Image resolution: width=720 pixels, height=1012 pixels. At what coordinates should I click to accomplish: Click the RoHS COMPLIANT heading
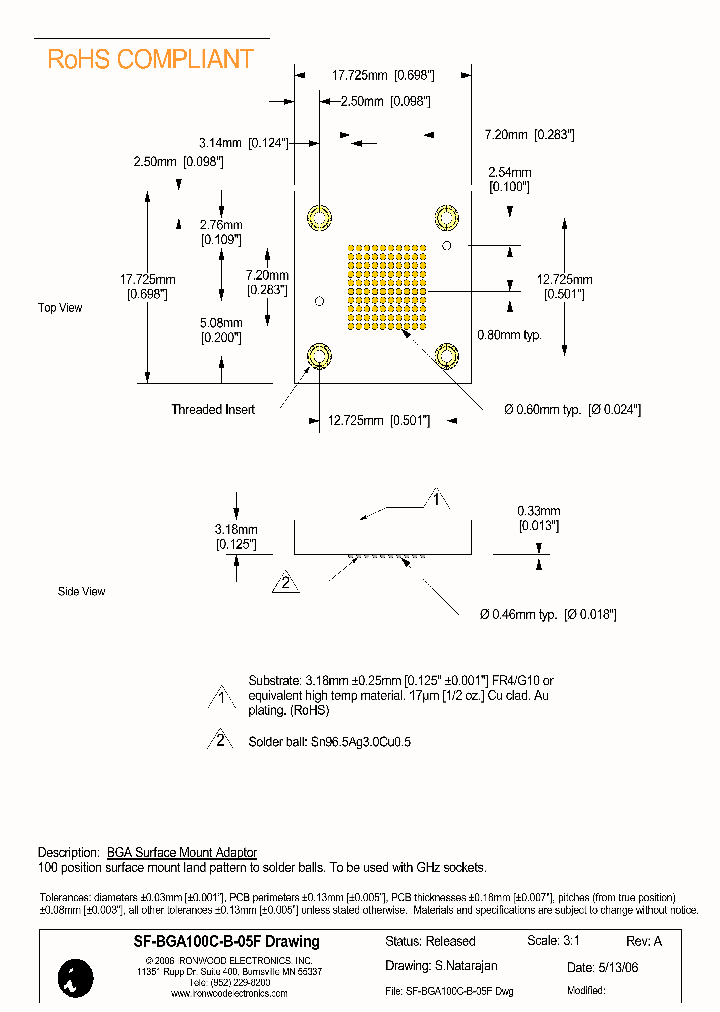151,60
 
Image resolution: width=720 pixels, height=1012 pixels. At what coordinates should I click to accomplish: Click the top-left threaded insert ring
319,218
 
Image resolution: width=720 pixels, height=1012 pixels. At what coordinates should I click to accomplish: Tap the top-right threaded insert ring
445,218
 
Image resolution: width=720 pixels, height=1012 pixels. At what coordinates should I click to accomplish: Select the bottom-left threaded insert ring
319,355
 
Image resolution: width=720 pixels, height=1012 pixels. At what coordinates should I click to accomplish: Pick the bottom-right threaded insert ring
445,355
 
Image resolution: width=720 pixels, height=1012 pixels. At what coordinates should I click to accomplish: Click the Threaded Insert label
212,409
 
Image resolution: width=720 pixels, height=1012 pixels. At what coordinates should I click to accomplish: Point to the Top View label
60,308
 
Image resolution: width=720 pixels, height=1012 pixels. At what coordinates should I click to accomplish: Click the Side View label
81,592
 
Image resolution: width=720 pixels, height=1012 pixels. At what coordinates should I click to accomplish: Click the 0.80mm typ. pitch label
509,335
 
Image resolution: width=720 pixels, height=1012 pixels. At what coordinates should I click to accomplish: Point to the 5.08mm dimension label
220,330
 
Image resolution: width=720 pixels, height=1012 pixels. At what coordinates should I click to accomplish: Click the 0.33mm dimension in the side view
538,517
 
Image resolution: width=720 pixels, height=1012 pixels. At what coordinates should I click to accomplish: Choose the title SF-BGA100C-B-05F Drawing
212,941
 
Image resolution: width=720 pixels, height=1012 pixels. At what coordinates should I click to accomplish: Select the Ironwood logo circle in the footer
76,976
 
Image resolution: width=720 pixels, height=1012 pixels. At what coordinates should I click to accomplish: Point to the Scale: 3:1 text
553,941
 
